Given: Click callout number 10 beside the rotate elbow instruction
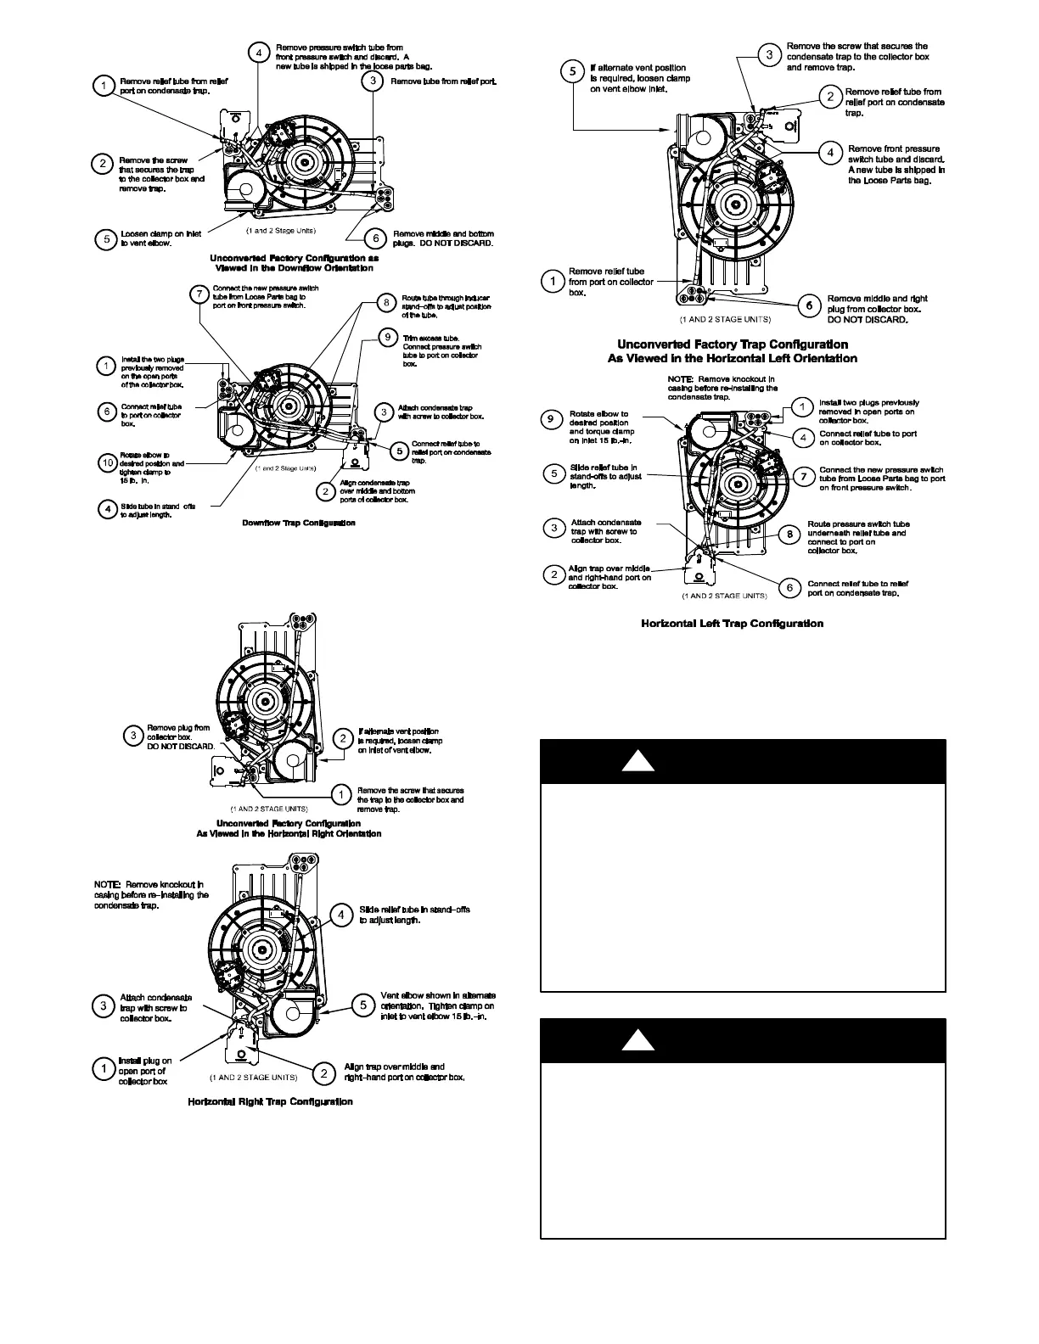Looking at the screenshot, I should pos(107,463).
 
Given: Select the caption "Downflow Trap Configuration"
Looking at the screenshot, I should pos(299,523).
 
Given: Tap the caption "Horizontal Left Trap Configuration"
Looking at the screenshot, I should pos(732,624).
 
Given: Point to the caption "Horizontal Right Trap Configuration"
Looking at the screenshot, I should pos(270,1101).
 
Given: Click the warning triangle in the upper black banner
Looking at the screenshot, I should pos(637,761).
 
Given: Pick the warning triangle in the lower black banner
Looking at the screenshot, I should pos(637,1040).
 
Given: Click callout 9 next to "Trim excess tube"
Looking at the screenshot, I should pos(387,337).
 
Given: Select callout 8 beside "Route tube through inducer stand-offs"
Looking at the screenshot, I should pos(386,301).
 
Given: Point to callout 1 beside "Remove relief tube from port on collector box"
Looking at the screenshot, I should pos(553,281).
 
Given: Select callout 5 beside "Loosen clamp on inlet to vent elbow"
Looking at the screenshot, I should pos(106,239).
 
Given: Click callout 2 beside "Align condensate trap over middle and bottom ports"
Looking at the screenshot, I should pos(324,490).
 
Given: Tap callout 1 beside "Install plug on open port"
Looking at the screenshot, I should pos(103,1068).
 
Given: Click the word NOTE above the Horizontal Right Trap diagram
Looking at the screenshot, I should pos(107,884).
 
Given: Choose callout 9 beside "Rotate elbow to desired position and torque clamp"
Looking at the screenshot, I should pos(552,419).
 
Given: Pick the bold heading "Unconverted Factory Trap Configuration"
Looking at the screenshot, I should pos(732,344).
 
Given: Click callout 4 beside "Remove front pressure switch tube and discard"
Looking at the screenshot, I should pos(830,153).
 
